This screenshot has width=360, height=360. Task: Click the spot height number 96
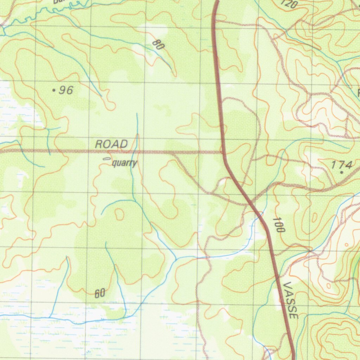coord(66,90)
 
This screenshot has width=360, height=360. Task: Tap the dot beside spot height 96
coord(54,91)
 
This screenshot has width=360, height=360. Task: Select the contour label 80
coord(159,45)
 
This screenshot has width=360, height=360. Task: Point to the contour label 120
coord(289,4)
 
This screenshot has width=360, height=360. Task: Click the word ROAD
coord(111,144)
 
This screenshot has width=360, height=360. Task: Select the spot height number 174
coord(342,165)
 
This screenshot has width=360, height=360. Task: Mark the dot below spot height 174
coord(341,173)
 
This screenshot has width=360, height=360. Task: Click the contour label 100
coord(278,225)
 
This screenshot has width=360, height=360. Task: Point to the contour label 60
coord(100,293)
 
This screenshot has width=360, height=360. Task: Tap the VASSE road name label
coord(291,300)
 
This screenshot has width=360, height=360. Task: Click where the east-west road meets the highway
coord(223,152)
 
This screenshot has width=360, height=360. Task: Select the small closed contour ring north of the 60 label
coord(120,214)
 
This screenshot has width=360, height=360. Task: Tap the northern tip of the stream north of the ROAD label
coord(137,114)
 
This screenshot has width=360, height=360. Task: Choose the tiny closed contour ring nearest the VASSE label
coord(328,285)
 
